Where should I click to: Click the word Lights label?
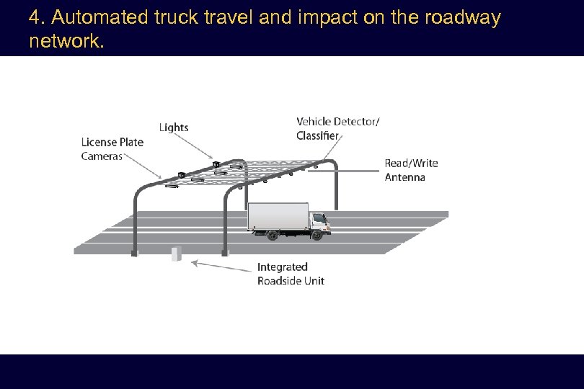point(173,128)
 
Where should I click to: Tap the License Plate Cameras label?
point(112,149)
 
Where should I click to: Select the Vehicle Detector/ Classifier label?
point(337,128)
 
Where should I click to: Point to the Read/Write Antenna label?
point(411,170)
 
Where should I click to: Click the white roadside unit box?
point(176,253)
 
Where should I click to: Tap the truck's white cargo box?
point(278,217)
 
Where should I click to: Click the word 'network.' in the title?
point(67,41)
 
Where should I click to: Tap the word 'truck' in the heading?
point(177,18)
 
